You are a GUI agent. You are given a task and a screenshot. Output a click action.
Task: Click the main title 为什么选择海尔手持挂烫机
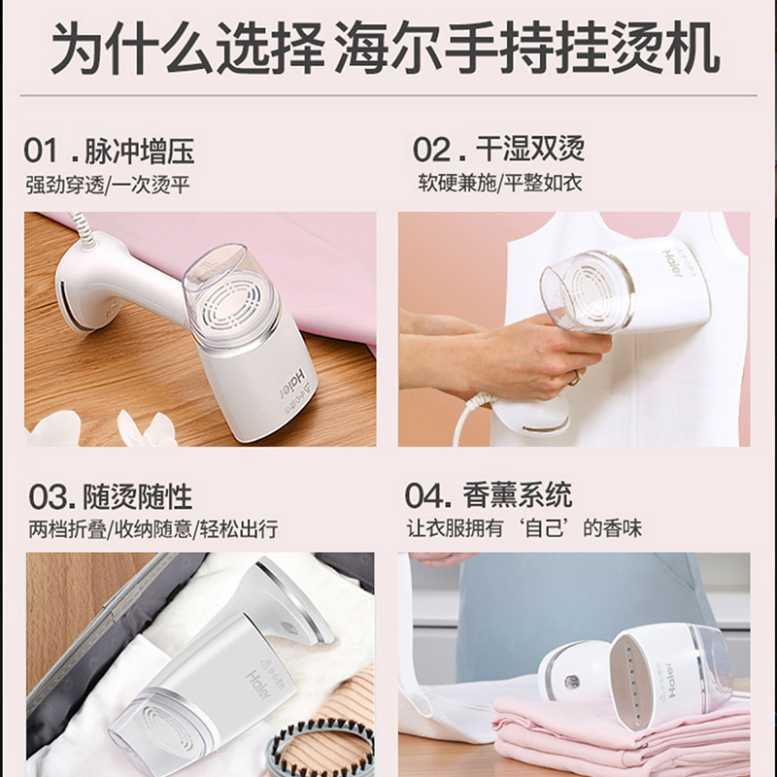pos(385,48)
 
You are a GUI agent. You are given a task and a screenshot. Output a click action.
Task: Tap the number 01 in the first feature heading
pos(41,151)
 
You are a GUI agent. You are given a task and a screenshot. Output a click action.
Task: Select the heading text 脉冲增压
pos(140,152)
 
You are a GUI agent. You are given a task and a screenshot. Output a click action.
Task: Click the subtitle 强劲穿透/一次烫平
pos(108,186)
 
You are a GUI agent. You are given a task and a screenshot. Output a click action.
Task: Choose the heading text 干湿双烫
pos(530,149)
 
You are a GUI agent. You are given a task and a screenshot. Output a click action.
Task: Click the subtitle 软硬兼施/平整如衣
pos(499,184)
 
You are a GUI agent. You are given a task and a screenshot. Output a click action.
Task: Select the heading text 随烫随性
pos(137,496)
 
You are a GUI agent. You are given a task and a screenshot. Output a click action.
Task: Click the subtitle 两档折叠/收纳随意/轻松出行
pos(152,529)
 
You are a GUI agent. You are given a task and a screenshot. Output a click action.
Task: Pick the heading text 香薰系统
pos(518,494)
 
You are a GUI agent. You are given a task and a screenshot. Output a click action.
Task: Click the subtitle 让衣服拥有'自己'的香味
pos(524,528)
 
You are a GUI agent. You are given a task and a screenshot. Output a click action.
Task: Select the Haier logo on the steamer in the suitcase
pos(258,685)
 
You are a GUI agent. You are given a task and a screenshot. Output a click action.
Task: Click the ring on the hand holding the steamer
pos(575,379)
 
